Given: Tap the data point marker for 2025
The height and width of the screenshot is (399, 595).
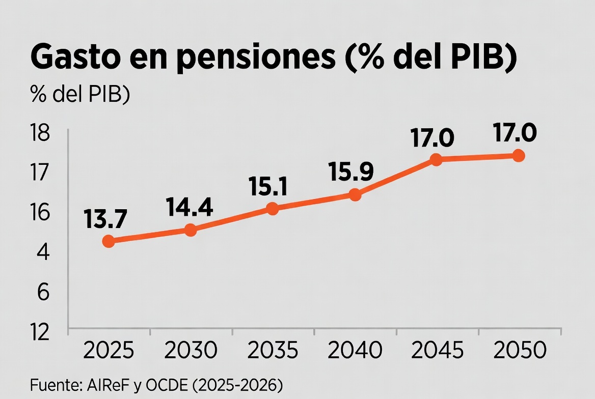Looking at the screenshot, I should pyautogui.click(x=109, y=241).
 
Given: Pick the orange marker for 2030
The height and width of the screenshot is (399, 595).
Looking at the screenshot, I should pyautogui.click(x=191, y=230).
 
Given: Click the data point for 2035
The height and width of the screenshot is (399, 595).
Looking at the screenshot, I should pyautogui.click(x=273, y=209).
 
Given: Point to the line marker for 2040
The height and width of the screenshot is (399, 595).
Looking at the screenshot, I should pyautogui.click(x=355, y=195).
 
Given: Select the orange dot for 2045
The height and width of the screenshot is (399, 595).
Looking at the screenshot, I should pyautogui.click(x=436, y=159).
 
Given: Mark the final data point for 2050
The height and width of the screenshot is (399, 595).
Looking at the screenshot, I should pyautogui.click(x=519, y=156).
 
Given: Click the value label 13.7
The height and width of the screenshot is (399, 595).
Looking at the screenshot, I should pyautogui.click(x=105, y=219).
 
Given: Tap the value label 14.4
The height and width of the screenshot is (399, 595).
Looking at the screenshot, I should pyautogui.click(x=189, y=207).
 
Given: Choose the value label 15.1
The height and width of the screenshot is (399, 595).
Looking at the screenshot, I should pyautogui.click(x=268, y=187).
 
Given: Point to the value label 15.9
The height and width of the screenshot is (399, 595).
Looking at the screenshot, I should pyautogui.click(x=351, y=172).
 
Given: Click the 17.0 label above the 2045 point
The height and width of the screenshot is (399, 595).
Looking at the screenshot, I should pyautogui.click(x=432, y=138).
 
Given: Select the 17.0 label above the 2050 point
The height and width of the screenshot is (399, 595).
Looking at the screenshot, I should pyautogui.click(x=515, y=133).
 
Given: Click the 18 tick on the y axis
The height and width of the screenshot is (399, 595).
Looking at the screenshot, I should pyautogui.click(x=40, y=134).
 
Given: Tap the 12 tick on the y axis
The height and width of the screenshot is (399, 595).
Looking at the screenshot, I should pyautogui.click(x=40, y=332).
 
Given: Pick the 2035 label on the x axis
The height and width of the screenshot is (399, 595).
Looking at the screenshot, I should pyautogui.click(x=273, y=351).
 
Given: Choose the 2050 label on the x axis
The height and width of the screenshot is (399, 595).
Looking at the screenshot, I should pyautogui.click(x=520, y=351).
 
